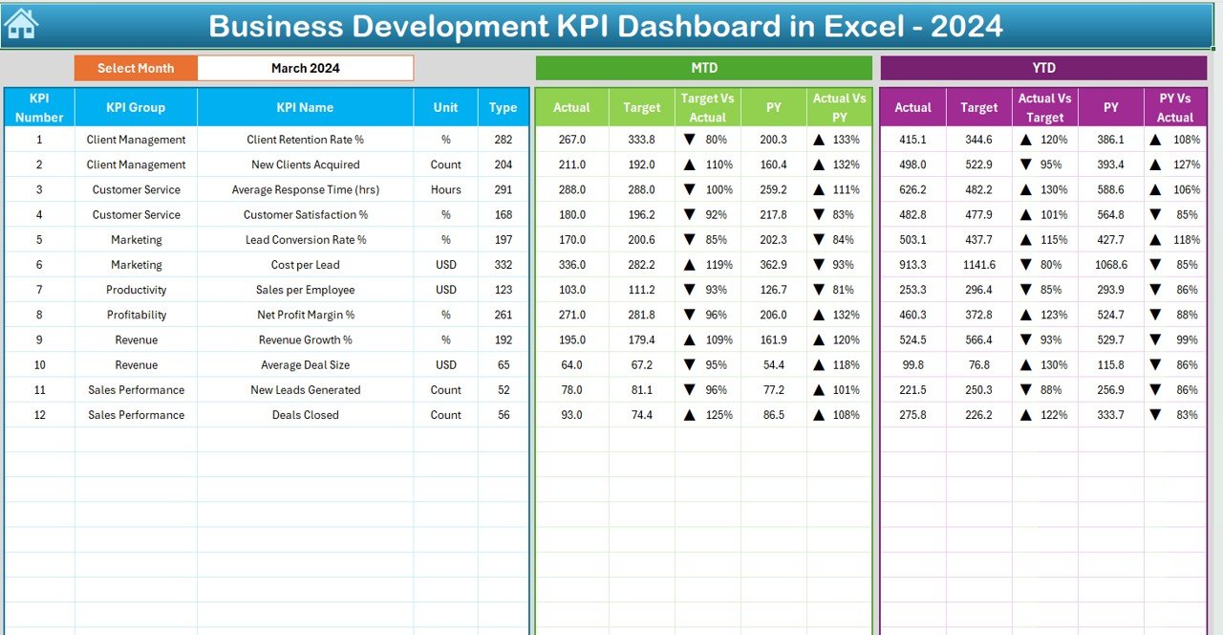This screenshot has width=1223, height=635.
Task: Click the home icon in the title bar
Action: point(21,24)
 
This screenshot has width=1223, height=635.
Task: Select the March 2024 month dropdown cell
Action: point(306,68)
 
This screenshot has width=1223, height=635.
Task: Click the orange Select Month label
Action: point(136,68)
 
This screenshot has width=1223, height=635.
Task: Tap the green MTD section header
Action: point(704,68)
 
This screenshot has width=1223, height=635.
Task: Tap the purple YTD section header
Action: point(1043,68)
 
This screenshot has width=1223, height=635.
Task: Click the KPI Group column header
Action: point(136,107)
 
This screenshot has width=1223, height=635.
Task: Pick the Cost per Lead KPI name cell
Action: point(306,265)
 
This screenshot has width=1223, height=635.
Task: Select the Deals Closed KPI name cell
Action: point(306,415)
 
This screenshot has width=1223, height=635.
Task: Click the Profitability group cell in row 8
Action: point(136,315)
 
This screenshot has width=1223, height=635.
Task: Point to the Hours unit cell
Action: point(445,189)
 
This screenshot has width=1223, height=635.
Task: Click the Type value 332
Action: point(504,265)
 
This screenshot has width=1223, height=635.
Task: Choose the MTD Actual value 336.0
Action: point(571,265)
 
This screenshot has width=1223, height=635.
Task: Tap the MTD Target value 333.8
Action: point(641,140)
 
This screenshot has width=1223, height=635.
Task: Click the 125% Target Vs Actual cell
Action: point(708,415)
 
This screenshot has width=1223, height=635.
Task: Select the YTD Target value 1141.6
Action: point(978,265)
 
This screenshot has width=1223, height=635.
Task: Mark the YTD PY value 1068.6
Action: point(1110,265)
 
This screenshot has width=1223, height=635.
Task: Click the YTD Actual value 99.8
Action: point(912,364)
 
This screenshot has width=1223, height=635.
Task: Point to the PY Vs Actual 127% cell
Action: point(1175,164)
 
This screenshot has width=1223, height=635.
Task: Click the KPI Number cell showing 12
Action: point(39,415)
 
